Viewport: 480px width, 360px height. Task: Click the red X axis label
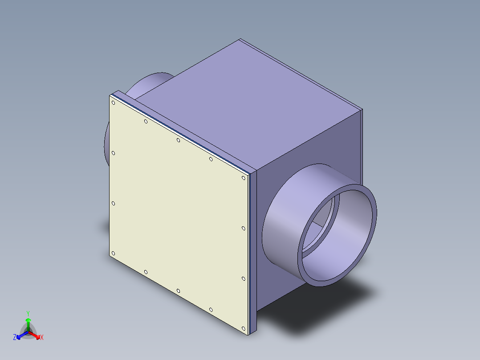click(42, 338)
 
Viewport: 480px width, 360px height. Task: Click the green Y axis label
click(28, 313)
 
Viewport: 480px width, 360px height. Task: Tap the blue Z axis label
click(15, 338)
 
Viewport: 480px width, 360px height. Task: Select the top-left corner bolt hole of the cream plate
click(114, 103)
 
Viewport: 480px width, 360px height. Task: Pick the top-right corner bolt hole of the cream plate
click(244, 178)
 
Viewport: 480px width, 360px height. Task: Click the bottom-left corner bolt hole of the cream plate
click(113, 254)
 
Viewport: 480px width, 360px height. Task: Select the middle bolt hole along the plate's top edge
click(178, 140)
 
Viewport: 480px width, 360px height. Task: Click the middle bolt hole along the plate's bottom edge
click(178, 291)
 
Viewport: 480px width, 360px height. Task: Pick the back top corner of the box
click(240, 40)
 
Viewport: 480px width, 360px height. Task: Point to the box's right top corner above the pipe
click(362, 110)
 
